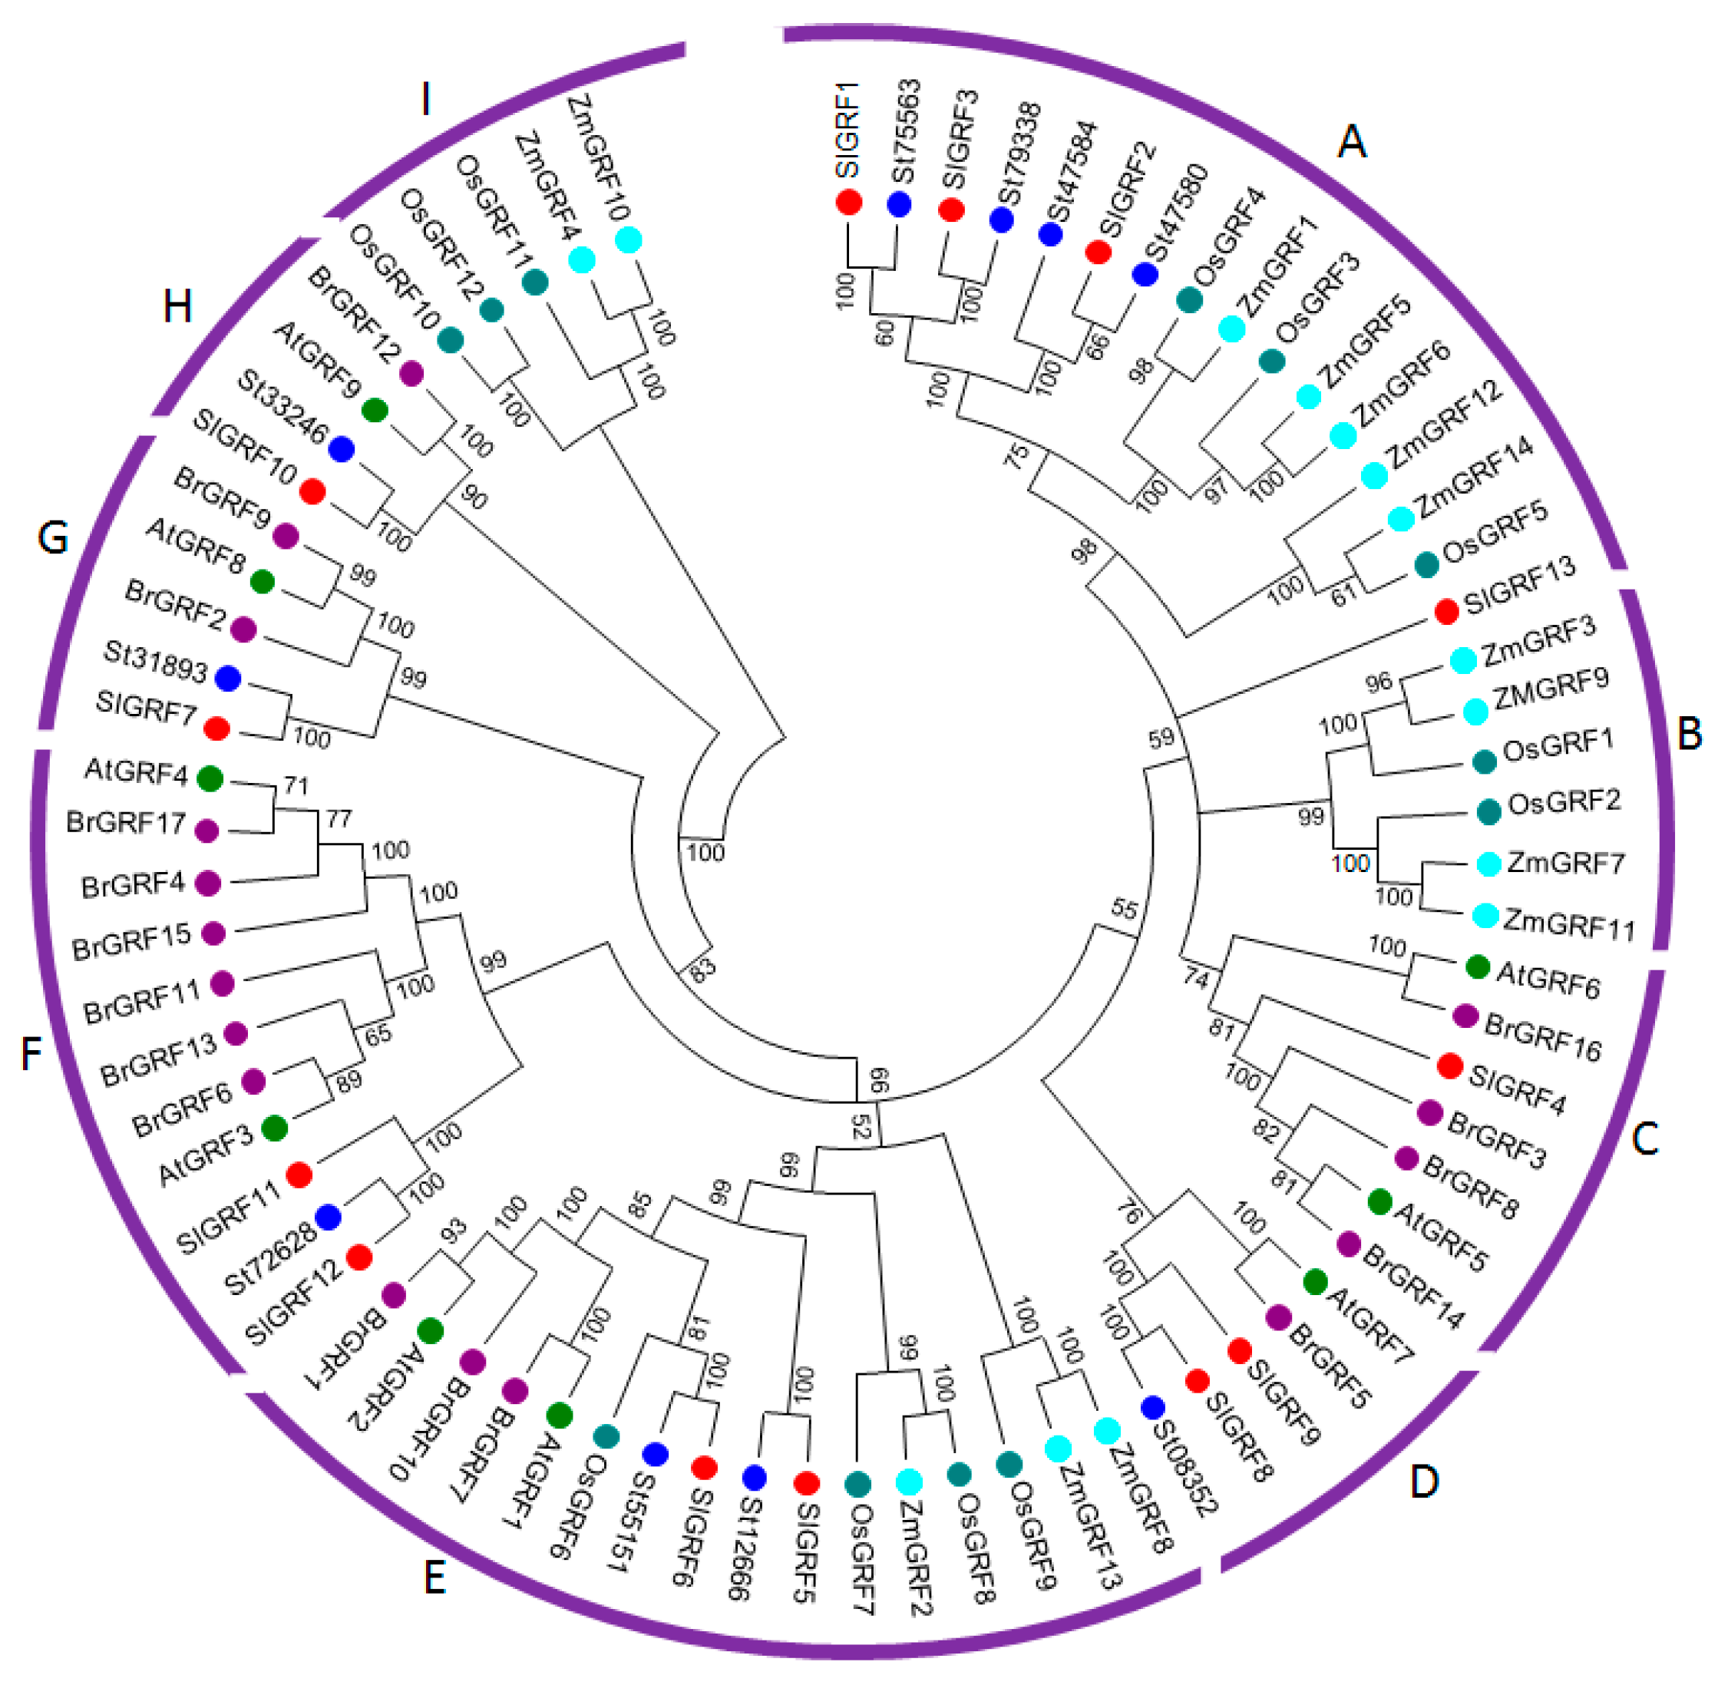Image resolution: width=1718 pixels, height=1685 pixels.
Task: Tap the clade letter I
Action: (x=426, y=99)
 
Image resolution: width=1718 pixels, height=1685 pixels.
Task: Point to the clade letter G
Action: (x=53, y=537)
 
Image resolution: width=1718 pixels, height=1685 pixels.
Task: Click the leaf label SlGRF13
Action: (x=1519, y=584)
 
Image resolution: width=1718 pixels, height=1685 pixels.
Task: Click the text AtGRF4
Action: (x=137, y=771)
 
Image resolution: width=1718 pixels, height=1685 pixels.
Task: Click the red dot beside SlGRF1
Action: (x=849, y=203)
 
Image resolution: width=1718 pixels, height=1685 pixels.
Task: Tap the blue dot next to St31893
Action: (x=228, y=679)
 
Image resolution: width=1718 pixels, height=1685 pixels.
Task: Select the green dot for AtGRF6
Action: (x=1477, y=966)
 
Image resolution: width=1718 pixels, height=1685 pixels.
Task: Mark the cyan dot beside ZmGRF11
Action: (x=1485, y=916)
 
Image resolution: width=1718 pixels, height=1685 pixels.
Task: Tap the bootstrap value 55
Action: (x=1124, y=909)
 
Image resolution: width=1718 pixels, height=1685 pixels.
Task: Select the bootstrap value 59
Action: (x=1161, y=737)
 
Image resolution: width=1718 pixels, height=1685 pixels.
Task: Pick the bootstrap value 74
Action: (x=1196, y=978)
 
